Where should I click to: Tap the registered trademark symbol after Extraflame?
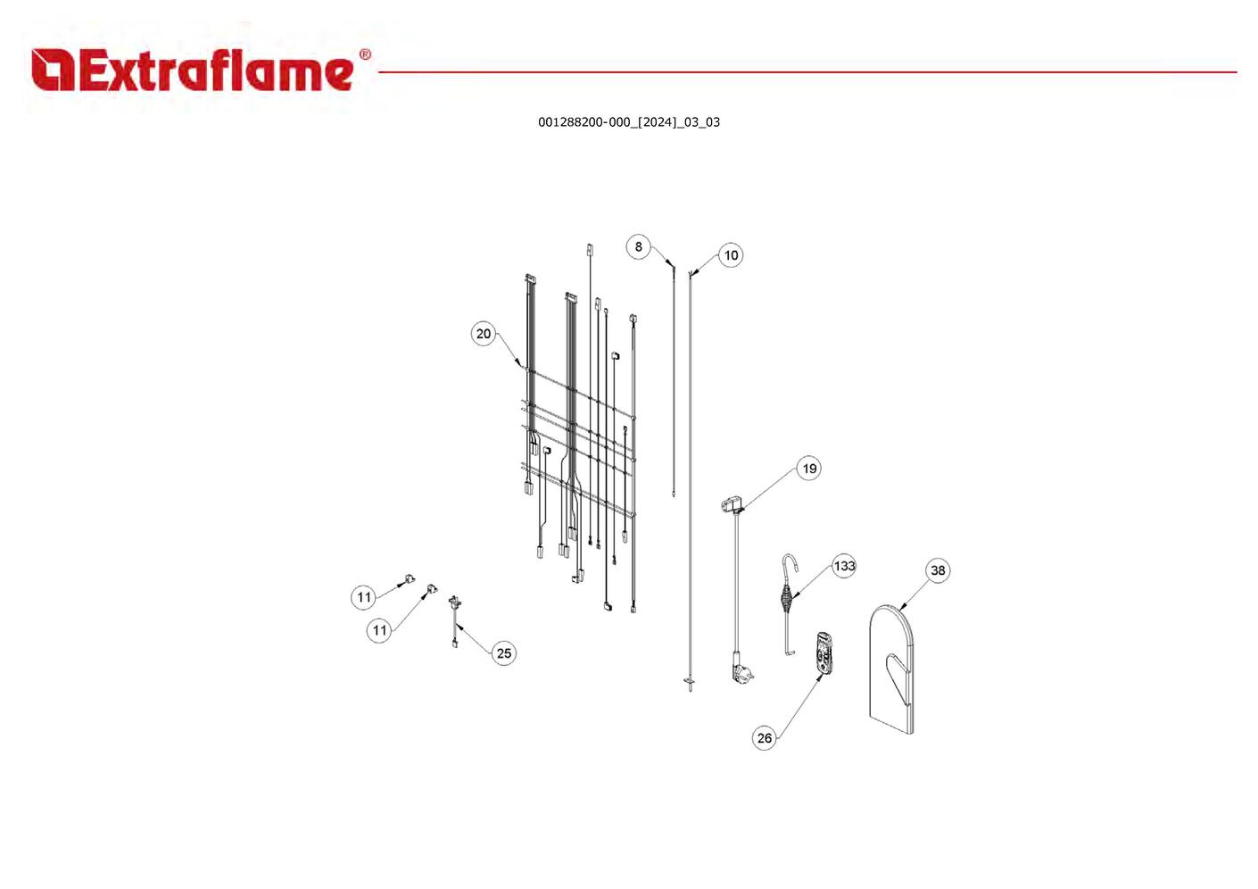(x=364, y=55)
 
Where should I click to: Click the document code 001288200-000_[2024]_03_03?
(x=628, y=122)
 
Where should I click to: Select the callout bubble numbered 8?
(x=638, y=247)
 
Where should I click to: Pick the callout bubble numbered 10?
(x=731, y=256)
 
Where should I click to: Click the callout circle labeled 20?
(x=483, y=334)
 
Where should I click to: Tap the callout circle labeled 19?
(x=808, y=469)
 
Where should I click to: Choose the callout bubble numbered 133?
(x=844, y=566)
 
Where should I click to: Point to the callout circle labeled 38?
(x=938, y=570)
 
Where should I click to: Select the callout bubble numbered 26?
(x=765, y=738)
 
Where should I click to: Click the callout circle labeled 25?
(x=503, y=653)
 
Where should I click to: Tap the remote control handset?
(x=823, y=652)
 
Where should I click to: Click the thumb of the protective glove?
(x=895, y=669)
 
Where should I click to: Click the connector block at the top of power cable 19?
(x=730, y=506)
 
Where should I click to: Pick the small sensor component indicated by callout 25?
(x=455, y=605)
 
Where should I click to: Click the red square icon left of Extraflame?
(x=53, y=71)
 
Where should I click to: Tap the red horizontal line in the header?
(x=803, y=72)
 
